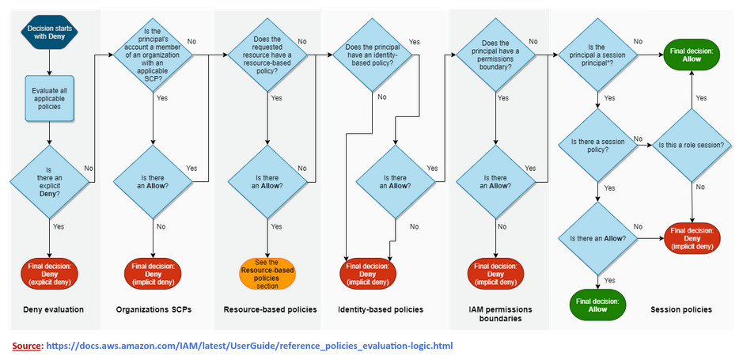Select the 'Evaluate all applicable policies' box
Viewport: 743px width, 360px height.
pyautogui.click(x=49, y=99)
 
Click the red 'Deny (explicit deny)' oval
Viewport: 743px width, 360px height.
pyautogui.click(x=49, y=273)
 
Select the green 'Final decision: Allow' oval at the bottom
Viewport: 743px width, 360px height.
pyautogui.click(x=597, y=305)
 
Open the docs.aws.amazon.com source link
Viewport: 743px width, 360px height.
pyautogui.click(x=249, y=346)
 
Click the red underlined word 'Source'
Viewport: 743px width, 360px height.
pyautogui.click(x=26, y=346)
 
